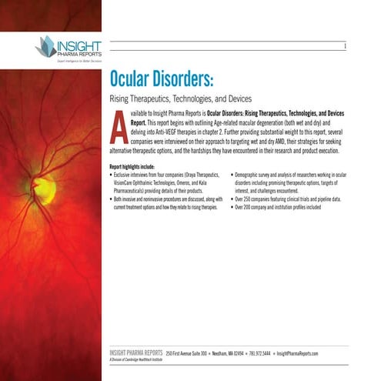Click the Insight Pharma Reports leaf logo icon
(47, 47)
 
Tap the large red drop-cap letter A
(118, 128)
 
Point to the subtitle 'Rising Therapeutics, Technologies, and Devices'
(181, 101)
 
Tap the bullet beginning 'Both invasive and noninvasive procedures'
(166, 202)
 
